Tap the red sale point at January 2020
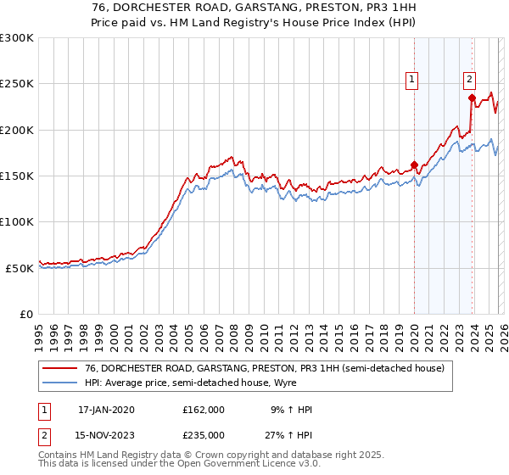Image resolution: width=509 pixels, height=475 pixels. [414, 165]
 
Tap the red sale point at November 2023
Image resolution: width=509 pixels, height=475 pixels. [472, 98]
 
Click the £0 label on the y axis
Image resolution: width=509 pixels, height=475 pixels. [25, 313]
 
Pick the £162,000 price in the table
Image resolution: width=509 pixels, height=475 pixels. [203, 410]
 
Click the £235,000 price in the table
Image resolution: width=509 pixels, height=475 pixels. [203, 435]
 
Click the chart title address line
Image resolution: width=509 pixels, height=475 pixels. [255, 7]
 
